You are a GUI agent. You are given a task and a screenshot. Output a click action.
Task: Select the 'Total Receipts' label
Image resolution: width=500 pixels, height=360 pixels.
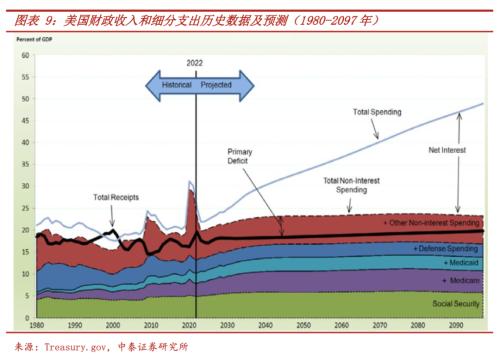coord(117,198)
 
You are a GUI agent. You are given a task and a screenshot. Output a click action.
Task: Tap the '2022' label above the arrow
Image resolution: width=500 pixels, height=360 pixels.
coord(195,63)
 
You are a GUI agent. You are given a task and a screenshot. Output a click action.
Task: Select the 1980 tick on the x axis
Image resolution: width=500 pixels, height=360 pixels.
coord(36,326)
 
